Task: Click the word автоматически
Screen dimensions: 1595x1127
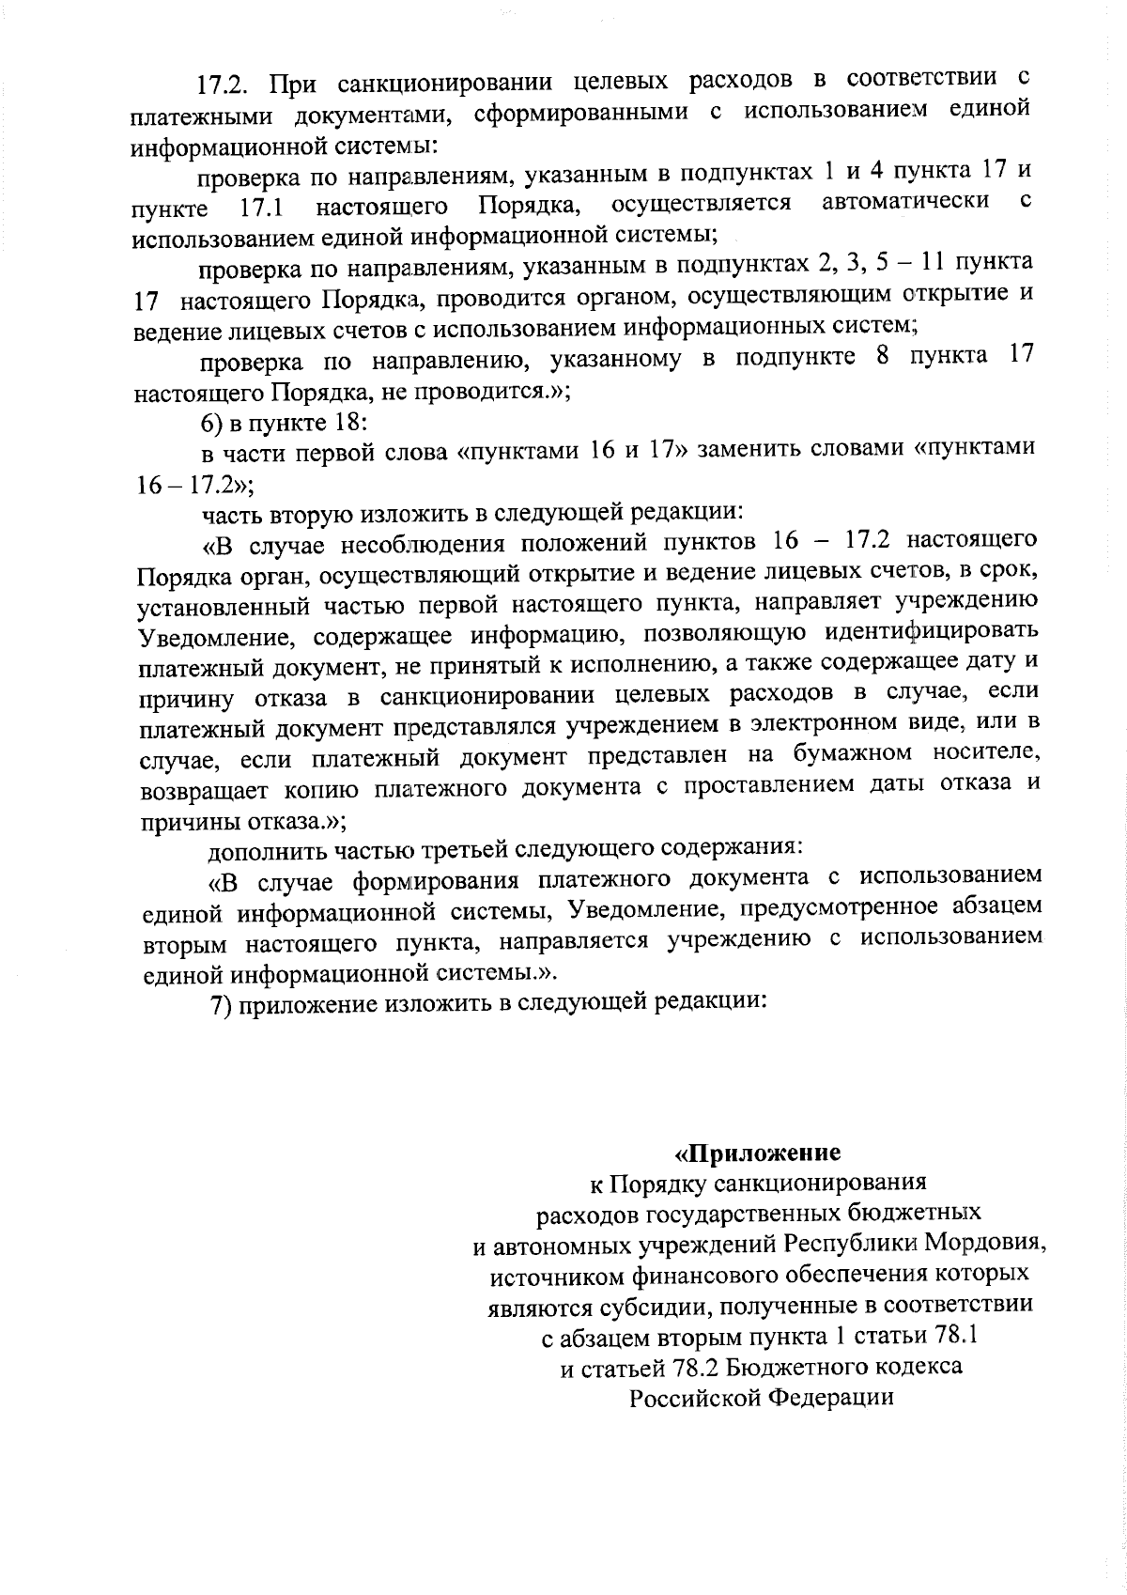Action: (x=904, y=201)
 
